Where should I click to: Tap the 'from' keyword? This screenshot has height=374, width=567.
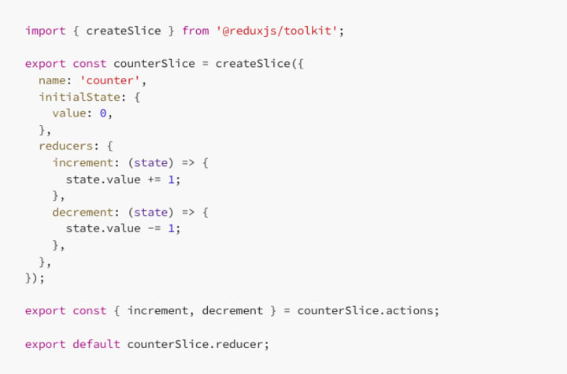coord(195,31)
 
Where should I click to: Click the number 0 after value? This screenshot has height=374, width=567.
coord(103,113)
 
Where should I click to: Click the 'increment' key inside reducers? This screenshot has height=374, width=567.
coord(83,163)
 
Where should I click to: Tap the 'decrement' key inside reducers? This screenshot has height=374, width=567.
coord(83,212)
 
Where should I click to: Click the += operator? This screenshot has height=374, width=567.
coord(154,180)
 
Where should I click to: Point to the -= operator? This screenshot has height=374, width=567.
coord(154,228)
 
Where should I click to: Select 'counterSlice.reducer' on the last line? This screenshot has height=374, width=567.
coord(198,344)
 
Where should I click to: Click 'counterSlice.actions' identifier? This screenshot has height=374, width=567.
coord(366,310)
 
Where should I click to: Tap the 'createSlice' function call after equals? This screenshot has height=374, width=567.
coord(253,64)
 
